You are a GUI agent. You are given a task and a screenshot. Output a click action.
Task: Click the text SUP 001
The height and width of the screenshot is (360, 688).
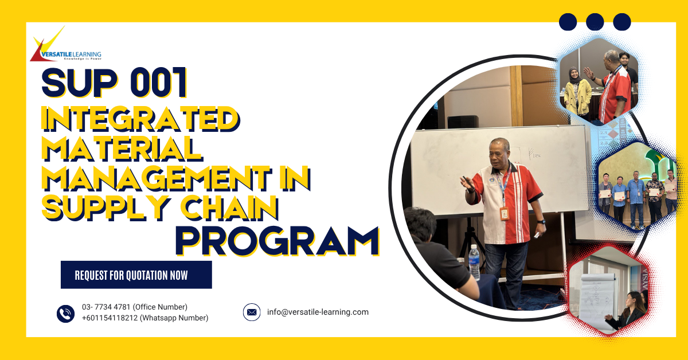[115, 84]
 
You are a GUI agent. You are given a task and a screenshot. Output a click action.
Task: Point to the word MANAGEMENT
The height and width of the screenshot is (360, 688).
[155, 179]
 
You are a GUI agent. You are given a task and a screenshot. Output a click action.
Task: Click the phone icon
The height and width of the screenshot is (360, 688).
[66, 313]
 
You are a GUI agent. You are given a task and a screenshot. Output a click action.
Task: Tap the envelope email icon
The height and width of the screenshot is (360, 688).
[252, 312]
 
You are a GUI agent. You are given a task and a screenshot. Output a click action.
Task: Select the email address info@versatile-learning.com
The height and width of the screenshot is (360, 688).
[318, 312]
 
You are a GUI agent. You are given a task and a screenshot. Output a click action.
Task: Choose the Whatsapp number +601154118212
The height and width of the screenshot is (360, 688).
[144, 318]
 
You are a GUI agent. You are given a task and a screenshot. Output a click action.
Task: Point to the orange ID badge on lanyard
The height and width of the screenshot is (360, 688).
[505, 213]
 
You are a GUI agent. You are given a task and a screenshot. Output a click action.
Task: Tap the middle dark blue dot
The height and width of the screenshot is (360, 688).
[595, 22]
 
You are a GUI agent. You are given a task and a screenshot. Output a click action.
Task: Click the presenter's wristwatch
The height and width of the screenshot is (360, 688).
[541, 221]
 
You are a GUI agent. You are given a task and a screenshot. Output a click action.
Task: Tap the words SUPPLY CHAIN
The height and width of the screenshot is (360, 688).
[161, 208]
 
